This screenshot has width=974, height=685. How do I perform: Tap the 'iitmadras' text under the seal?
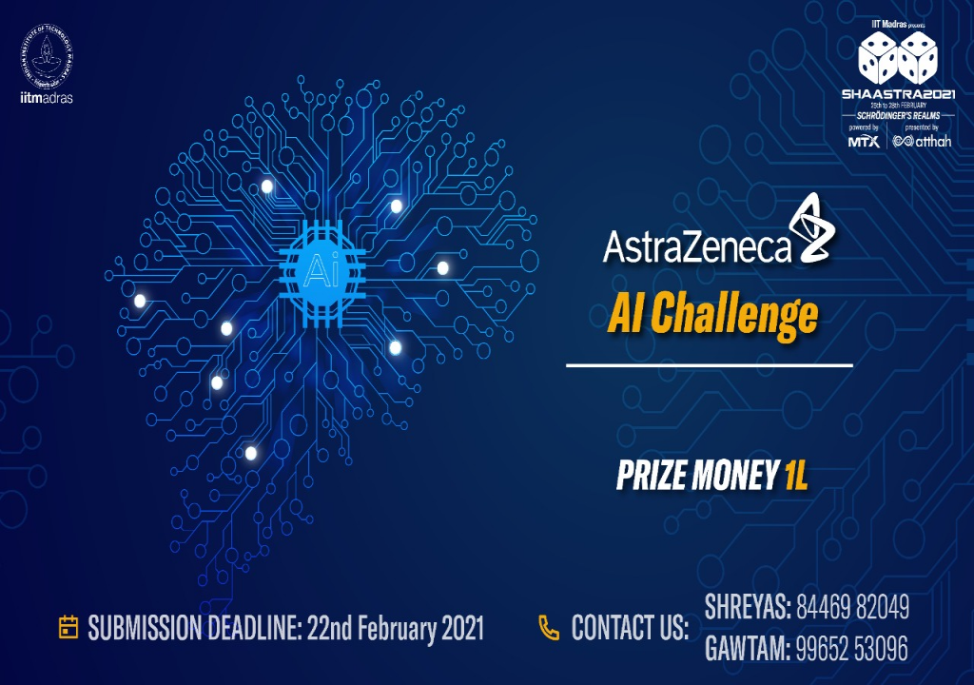click(46, 97)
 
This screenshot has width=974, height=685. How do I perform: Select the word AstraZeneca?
click(697, 248)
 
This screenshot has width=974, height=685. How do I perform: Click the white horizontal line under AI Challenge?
click(709, 364)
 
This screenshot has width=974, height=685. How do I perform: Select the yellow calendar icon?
click(68, 627)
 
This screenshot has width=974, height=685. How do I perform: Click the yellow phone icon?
click(549, 627)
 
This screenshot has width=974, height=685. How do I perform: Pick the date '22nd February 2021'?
click(396, 628)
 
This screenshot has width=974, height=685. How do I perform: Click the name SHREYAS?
click(745, 606)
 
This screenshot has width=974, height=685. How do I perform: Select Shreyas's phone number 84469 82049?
click(853, 606)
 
